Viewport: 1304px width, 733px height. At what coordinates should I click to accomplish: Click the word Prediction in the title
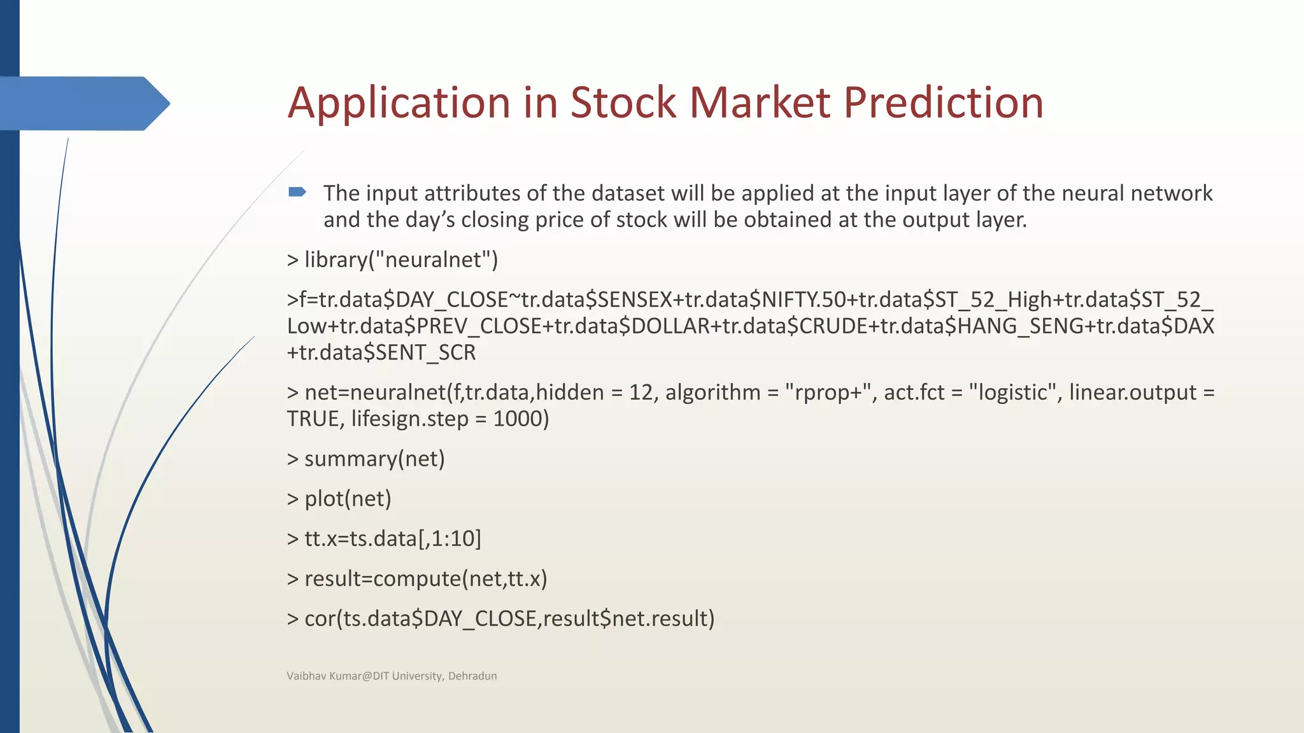click(x=943, y=103)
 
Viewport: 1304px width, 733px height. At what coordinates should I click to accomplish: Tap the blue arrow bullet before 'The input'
click(x=297, y=192)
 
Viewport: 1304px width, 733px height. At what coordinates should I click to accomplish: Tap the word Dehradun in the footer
click(x=472, y=676)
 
